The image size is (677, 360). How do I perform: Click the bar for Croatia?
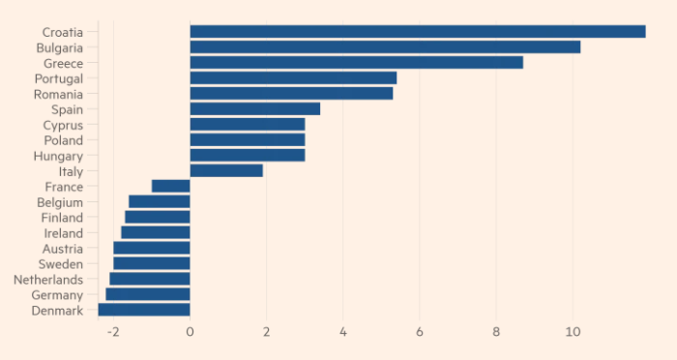(418, 32)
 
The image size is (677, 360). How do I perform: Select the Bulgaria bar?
(385, 47)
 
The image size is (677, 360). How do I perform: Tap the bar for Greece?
(357, 63)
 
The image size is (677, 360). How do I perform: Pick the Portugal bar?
(294, 78)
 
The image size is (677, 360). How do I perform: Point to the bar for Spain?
(255, 109)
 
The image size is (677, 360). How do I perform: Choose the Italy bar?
(226, 170)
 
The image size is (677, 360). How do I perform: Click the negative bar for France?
(171, 186)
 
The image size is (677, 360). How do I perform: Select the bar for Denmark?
(144, 310)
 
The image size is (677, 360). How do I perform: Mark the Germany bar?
(148, 294)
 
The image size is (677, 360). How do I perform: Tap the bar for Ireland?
(156, 232)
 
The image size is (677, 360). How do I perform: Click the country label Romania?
(58, 94)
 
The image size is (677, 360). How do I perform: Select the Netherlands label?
(48, 280)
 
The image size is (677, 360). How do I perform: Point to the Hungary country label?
(58, 156)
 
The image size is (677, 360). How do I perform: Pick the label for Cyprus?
(63, 126)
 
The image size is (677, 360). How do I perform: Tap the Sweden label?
(60, 264)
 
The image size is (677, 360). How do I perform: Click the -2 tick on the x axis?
(113, 332)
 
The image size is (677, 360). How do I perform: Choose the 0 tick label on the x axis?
(190, 332)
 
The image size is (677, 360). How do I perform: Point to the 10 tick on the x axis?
(573, 332)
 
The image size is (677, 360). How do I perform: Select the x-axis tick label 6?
(419, 332)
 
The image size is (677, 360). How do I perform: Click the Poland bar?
(248, 140)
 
